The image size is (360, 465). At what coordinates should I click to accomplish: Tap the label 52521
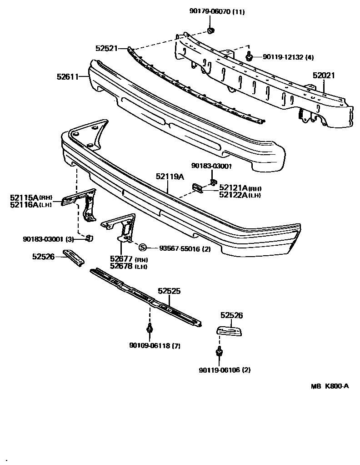106,47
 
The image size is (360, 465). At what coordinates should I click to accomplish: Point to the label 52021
323,76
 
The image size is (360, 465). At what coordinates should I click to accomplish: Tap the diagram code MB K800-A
330,386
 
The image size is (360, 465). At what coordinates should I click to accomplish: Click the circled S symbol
142,248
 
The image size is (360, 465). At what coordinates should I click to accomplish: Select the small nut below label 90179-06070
210,30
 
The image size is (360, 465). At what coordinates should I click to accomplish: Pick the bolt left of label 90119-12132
249,56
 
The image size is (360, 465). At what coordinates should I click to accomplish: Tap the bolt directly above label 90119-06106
219,351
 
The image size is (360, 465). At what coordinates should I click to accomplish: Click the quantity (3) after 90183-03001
70,239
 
